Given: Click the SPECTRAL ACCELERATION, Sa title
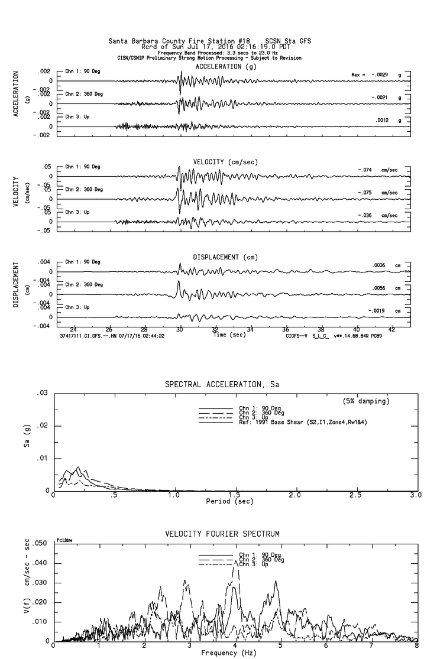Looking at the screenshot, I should [222, 385].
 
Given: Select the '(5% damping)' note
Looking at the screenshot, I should [367, 401].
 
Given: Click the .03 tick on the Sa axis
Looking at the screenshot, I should [43, 393].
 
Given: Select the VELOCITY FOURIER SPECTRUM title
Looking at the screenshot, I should [222, 534].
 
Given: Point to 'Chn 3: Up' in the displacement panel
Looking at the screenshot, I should [77, 307].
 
